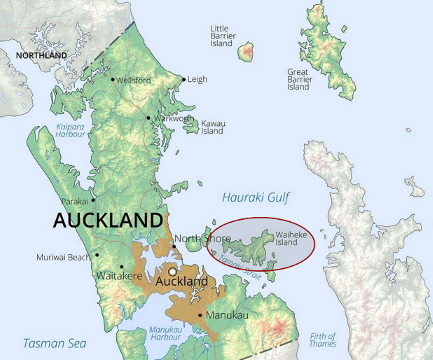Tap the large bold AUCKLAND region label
[107, 219]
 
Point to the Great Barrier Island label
[300, 79]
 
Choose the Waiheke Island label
[287, 238]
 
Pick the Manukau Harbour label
[164, 332]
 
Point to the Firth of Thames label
[323, 339]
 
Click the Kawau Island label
[213, 128]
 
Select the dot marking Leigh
[184, 77]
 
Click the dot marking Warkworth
[149, 118]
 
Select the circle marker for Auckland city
[172, 270]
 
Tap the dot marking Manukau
[202, 315]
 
